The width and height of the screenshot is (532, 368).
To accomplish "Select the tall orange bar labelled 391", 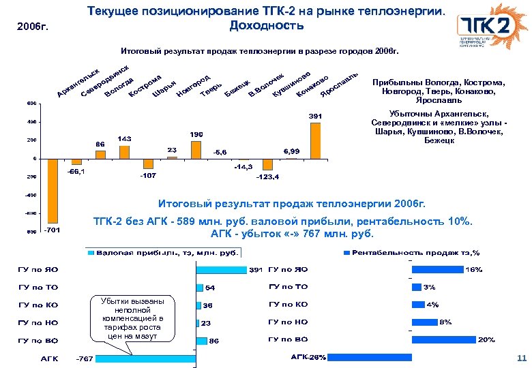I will tap(315, 140).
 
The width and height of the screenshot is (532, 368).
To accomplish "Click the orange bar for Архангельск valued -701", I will tap(52, 191).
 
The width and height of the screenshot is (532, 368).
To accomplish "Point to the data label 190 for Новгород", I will tap(196, 134).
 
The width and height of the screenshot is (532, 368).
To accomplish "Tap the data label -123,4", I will tap(267, 177).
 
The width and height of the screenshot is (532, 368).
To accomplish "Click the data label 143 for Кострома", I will tap(125, 138).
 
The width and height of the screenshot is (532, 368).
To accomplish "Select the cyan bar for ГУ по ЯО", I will tap(221, 269).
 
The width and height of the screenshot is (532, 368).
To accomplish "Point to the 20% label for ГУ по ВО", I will tap(486, 339).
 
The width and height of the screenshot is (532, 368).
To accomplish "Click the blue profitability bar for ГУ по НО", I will tap(424, 322).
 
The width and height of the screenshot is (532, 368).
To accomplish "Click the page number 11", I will tap(522, 358).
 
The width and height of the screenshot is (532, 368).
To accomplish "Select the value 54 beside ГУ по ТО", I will tap(211, 288).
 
